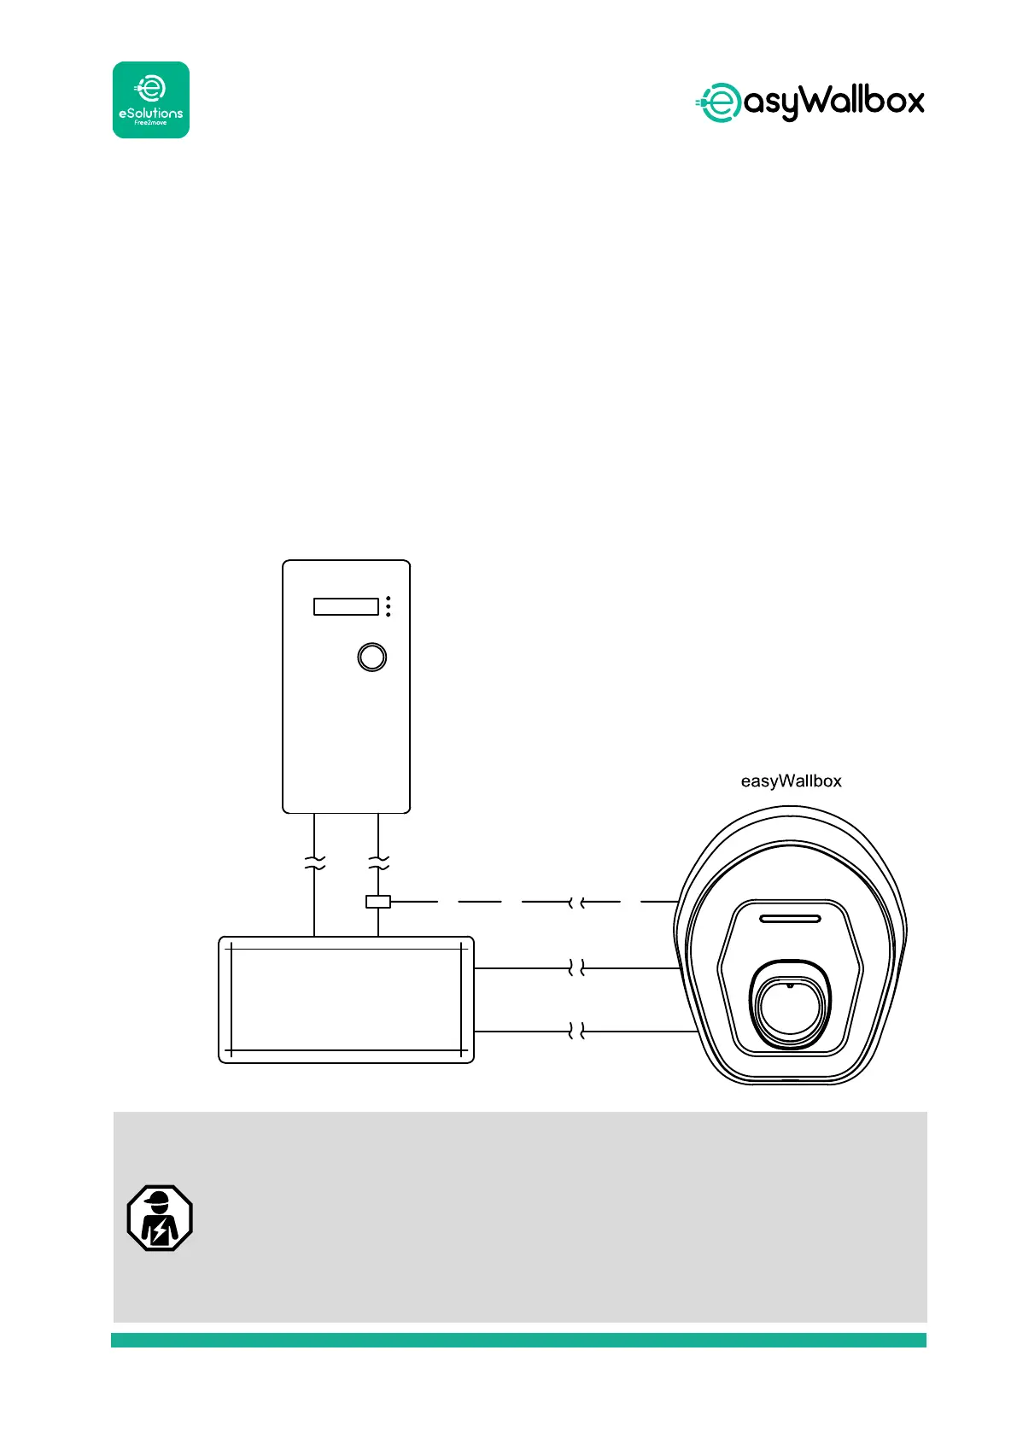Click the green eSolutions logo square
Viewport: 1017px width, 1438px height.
pyautogui.click(x=151, y=99)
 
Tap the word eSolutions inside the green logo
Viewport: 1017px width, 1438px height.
pyautogui.click(x=151, y=113)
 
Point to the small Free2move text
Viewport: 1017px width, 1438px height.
pyautogui.click(x=151, y=123)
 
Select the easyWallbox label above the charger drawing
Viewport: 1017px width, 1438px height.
pyautogui.click(x=791, y=781)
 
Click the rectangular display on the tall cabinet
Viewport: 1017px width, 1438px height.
pyautogui.click(x=346, y=606)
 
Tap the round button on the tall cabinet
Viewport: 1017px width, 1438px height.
pyautogui.click(x=371, y=657)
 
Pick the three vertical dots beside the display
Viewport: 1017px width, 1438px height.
pyautogui.click(x=389, y=606)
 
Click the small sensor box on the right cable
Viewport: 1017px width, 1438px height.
pyautogui.click(x=378, y=901)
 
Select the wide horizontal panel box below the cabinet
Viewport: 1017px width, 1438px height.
pyautogui.click(x=346, y=1000)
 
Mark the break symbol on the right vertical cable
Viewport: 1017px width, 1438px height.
pyautogui.click(x=378, y=862)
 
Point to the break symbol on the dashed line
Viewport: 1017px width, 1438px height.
pyautogui.click(x=576, y=902)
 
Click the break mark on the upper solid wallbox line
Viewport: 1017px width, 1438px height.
pyautogui.click(x=576, y=968)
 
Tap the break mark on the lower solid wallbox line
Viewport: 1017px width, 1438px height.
pyautogui.click(x=576, y=1032)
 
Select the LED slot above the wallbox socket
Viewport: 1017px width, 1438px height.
pyautogui.click(x=790, y=920)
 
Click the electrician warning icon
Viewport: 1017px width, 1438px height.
pyautogui.click(x=160, y=1219)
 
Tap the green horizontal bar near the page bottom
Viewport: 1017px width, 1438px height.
pyautogui.click(x=518, y=1340)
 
